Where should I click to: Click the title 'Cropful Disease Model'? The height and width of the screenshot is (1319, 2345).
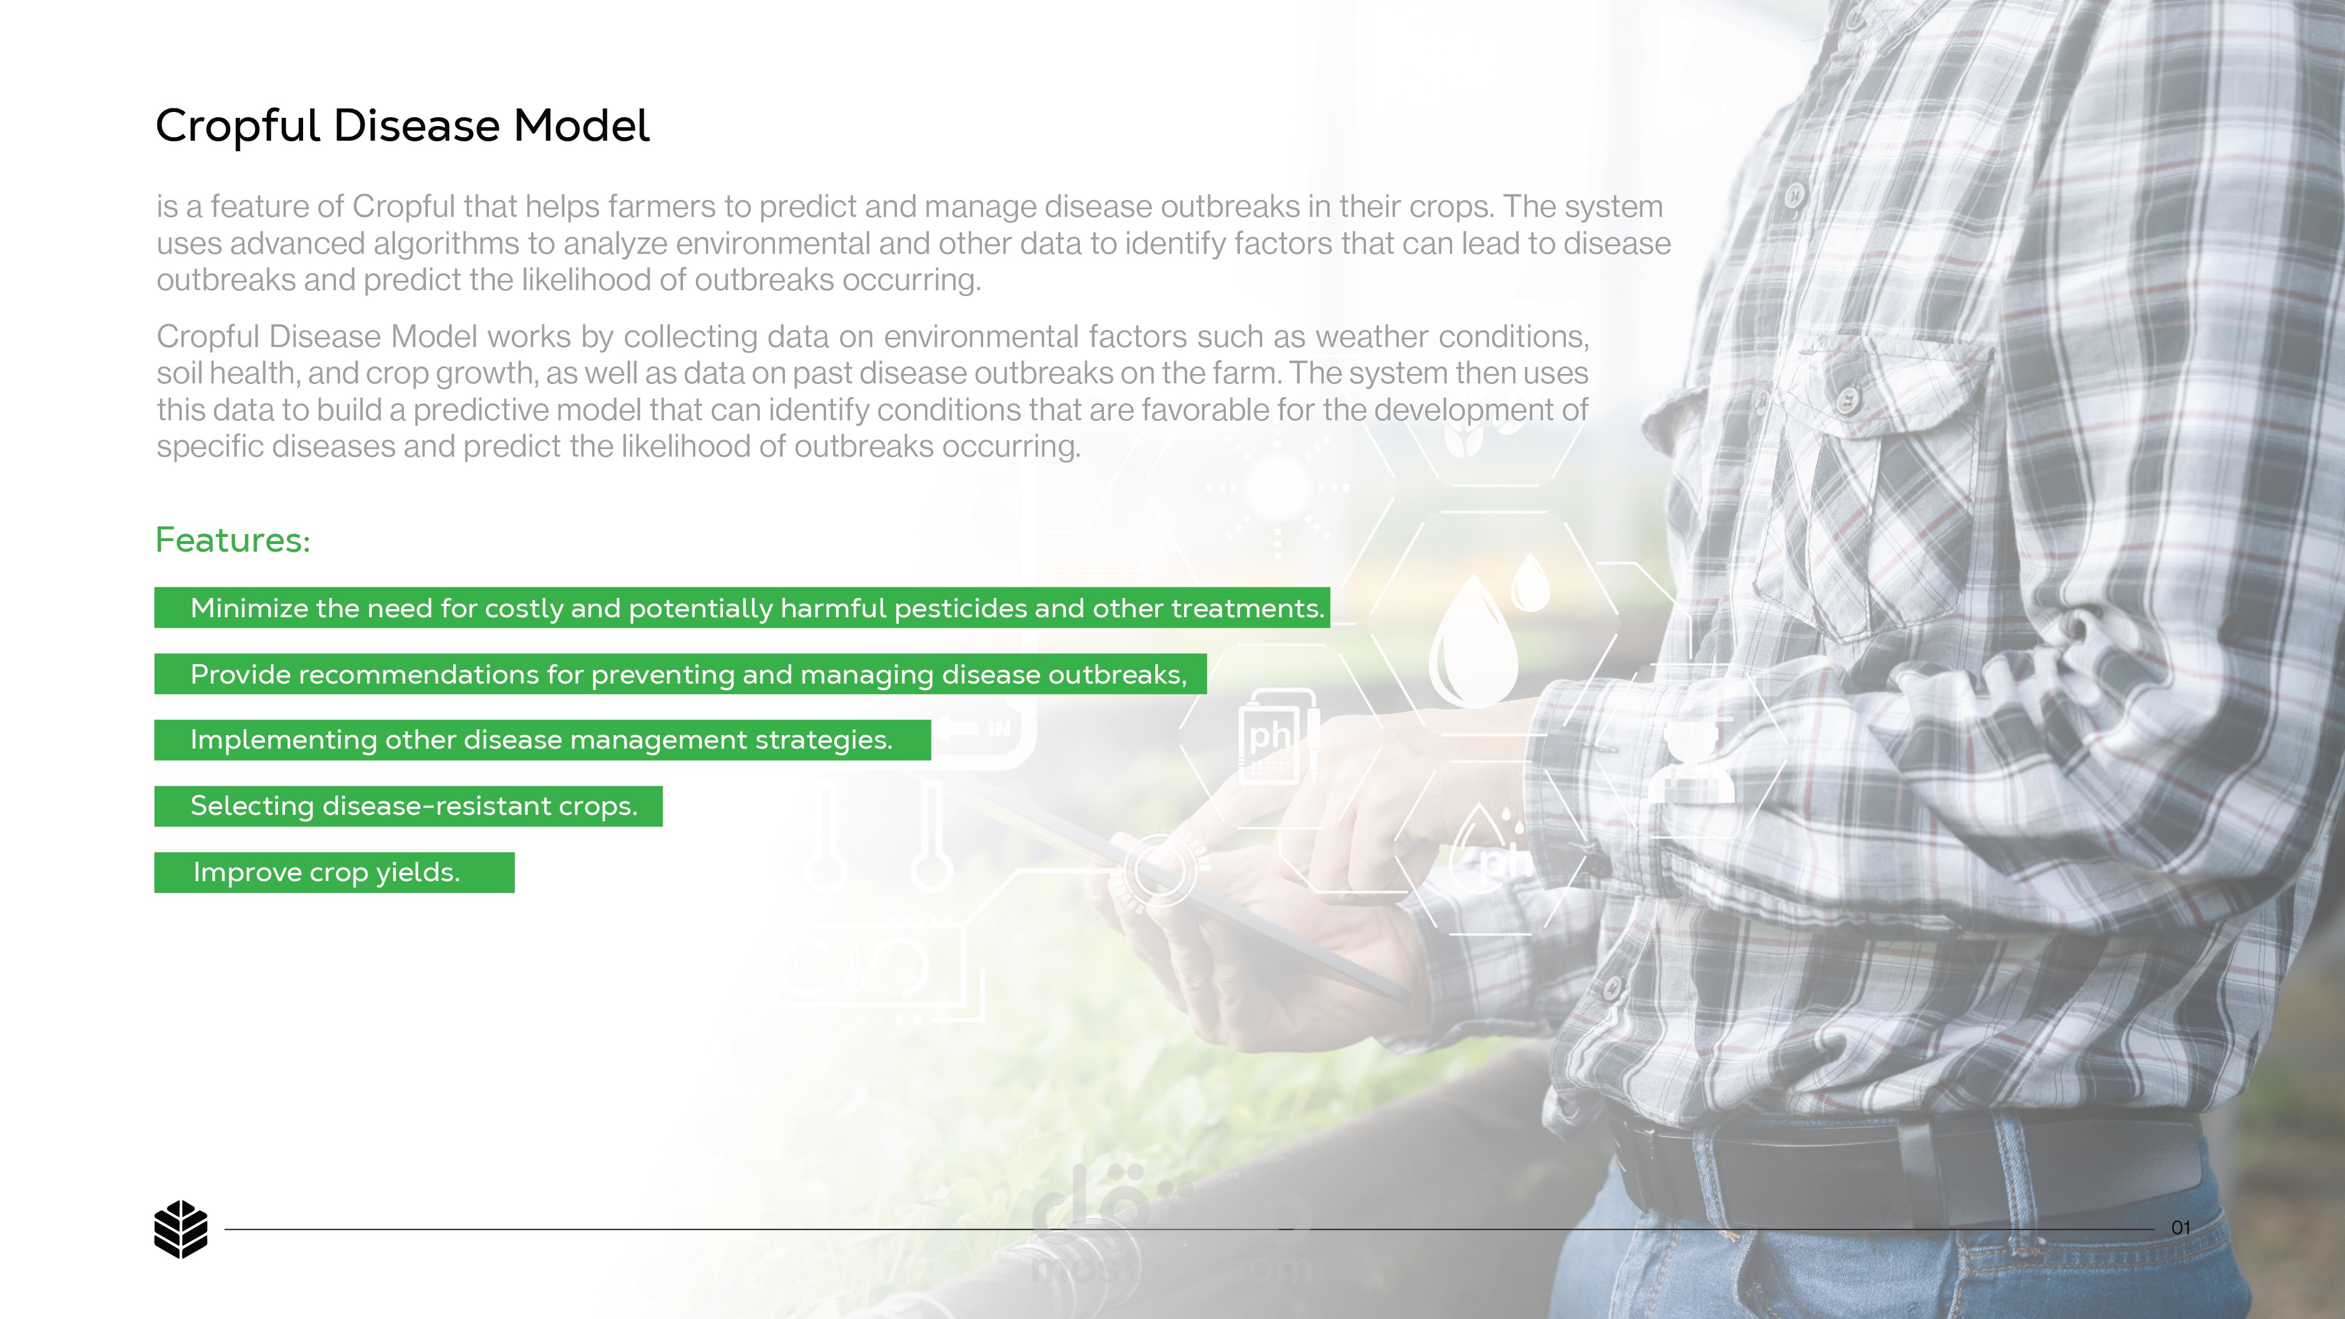(402, 125)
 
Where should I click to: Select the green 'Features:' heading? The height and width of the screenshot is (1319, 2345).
(233, 540)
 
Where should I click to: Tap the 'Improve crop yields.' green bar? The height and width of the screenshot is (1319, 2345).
(334, 872)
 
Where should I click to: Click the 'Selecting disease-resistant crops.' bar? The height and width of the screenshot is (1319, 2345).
(409, 805)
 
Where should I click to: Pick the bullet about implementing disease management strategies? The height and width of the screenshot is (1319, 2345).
(542, 740)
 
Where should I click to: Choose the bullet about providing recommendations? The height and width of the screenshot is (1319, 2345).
(681, 674)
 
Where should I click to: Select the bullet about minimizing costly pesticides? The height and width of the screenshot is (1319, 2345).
(742, 607)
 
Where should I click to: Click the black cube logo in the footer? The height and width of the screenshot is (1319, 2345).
(181, 1229)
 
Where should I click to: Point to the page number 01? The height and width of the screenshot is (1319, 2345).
(2181, 1228)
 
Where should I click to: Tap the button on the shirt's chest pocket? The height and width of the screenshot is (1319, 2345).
(1848, 400)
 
